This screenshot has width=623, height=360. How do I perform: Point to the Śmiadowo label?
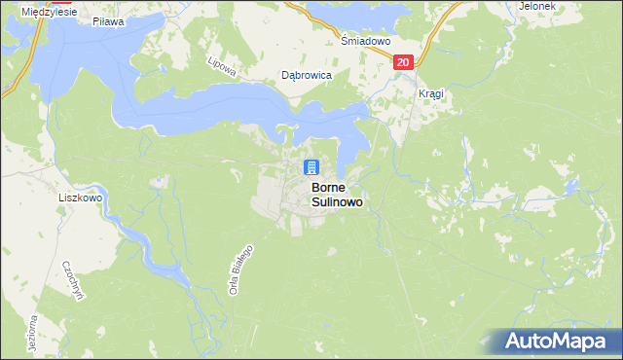(x=365, y=43)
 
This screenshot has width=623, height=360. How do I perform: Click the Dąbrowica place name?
(x=307, y=74)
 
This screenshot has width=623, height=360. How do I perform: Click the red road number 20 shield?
(x=404, y=62)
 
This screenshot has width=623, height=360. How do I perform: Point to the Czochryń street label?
(x=68, y=280)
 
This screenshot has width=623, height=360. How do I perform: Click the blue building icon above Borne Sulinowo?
(x=311, y=167)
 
